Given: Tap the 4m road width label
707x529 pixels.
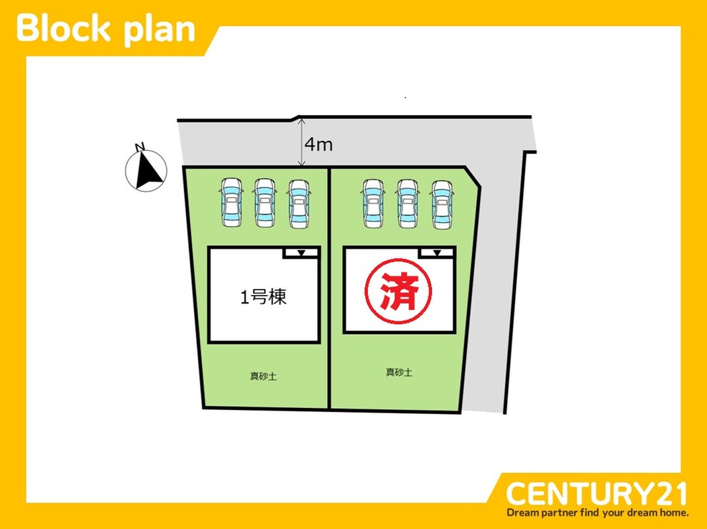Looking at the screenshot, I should [318, 144].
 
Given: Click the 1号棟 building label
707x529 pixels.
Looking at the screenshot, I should [263, 298].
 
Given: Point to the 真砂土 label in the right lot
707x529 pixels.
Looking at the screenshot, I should [399, 372].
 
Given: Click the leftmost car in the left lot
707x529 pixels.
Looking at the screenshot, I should [231, 202].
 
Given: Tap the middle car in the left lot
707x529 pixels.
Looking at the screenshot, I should [264, 202].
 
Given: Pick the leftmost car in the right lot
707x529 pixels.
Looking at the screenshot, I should [372, 204].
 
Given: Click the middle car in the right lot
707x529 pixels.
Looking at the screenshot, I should [406, 204].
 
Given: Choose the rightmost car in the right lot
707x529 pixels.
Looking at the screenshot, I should [441, 204].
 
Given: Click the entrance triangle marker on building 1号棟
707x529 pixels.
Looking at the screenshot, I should [301, 253].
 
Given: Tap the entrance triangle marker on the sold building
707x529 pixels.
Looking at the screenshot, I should [437, 253].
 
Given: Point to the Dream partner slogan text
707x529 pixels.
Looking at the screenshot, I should [598, 512].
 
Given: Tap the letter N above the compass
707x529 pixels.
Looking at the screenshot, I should [139, 147].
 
